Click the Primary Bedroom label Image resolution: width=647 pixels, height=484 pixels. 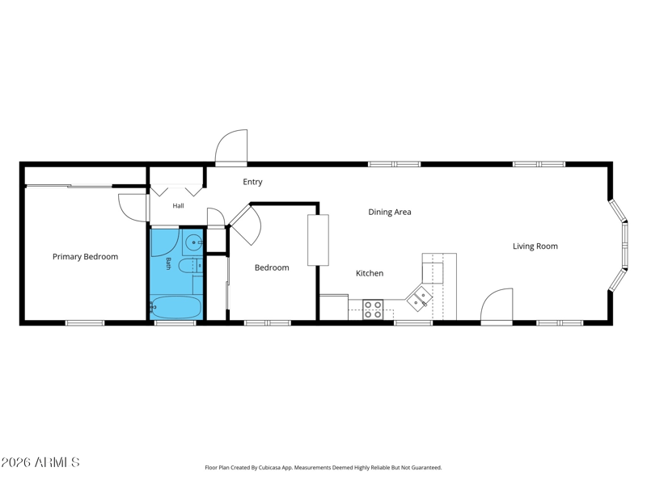(85, 257)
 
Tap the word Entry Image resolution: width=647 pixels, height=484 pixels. (252, 182)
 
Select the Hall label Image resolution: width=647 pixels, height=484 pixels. (178, 206)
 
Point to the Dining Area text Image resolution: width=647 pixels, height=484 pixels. (390, 212)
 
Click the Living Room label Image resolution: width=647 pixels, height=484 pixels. (535, 246)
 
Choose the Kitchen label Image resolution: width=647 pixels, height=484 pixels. (370, 273)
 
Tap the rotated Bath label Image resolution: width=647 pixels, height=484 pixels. (168, 263)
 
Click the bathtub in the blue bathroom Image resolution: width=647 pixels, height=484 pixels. (175, 307)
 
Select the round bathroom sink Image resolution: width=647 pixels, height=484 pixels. (192, 242)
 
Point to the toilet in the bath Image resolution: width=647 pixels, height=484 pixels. (190, 266)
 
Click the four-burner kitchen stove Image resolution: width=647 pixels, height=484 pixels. (373, 309)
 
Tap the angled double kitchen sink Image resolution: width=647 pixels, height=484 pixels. (419, 298)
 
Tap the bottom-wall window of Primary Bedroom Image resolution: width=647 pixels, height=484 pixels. (85, 323)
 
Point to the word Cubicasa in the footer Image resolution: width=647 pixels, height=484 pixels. (269, 468)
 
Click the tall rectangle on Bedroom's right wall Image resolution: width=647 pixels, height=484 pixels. (318, 240)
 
